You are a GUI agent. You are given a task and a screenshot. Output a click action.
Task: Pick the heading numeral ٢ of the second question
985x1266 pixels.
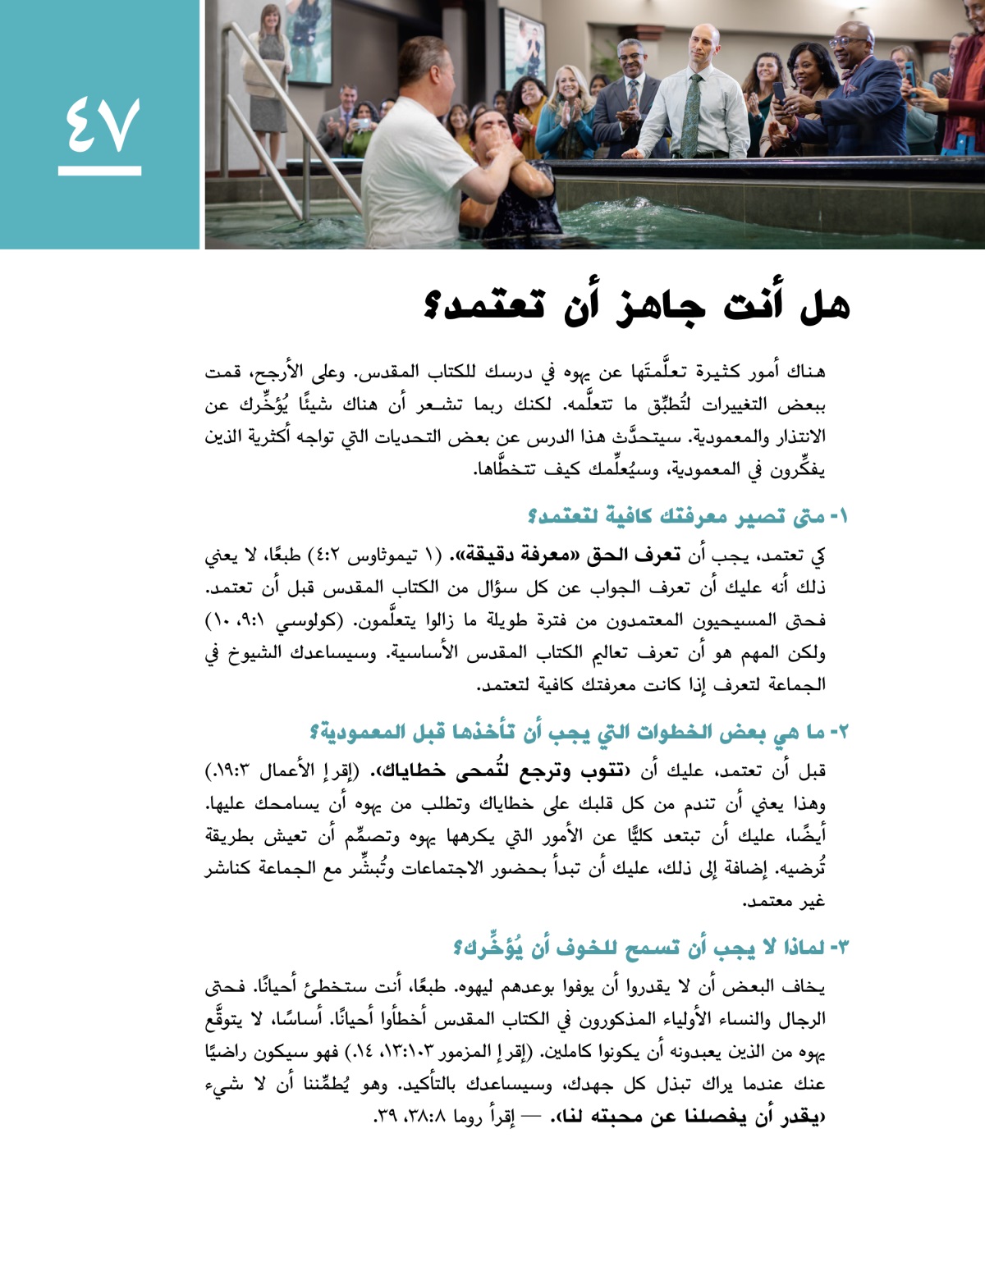pos(842,731)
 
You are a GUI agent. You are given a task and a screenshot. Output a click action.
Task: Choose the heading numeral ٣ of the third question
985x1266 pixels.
pos(842,948)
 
